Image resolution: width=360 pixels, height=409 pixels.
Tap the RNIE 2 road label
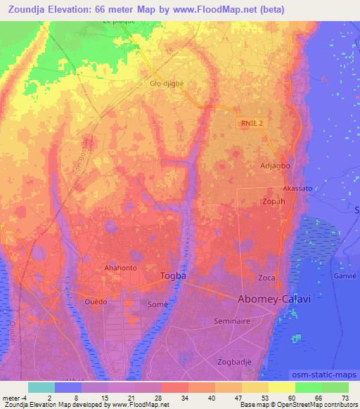pos(250,123)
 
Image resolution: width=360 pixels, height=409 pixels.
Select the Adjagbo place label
pos(275,167)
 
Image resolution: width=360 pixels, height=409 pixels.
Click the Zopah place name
pos(274,201)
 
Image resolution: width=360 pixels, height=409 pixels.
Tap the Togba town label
pos(174,275)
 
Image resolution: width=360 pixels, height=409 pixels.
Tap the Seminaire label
pos(235,320)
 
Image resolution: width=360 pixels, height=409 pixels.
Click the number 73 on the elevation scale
pos(345,398)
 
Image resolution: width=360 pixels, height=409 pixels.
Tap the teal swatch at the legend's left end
pos(41,387)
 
